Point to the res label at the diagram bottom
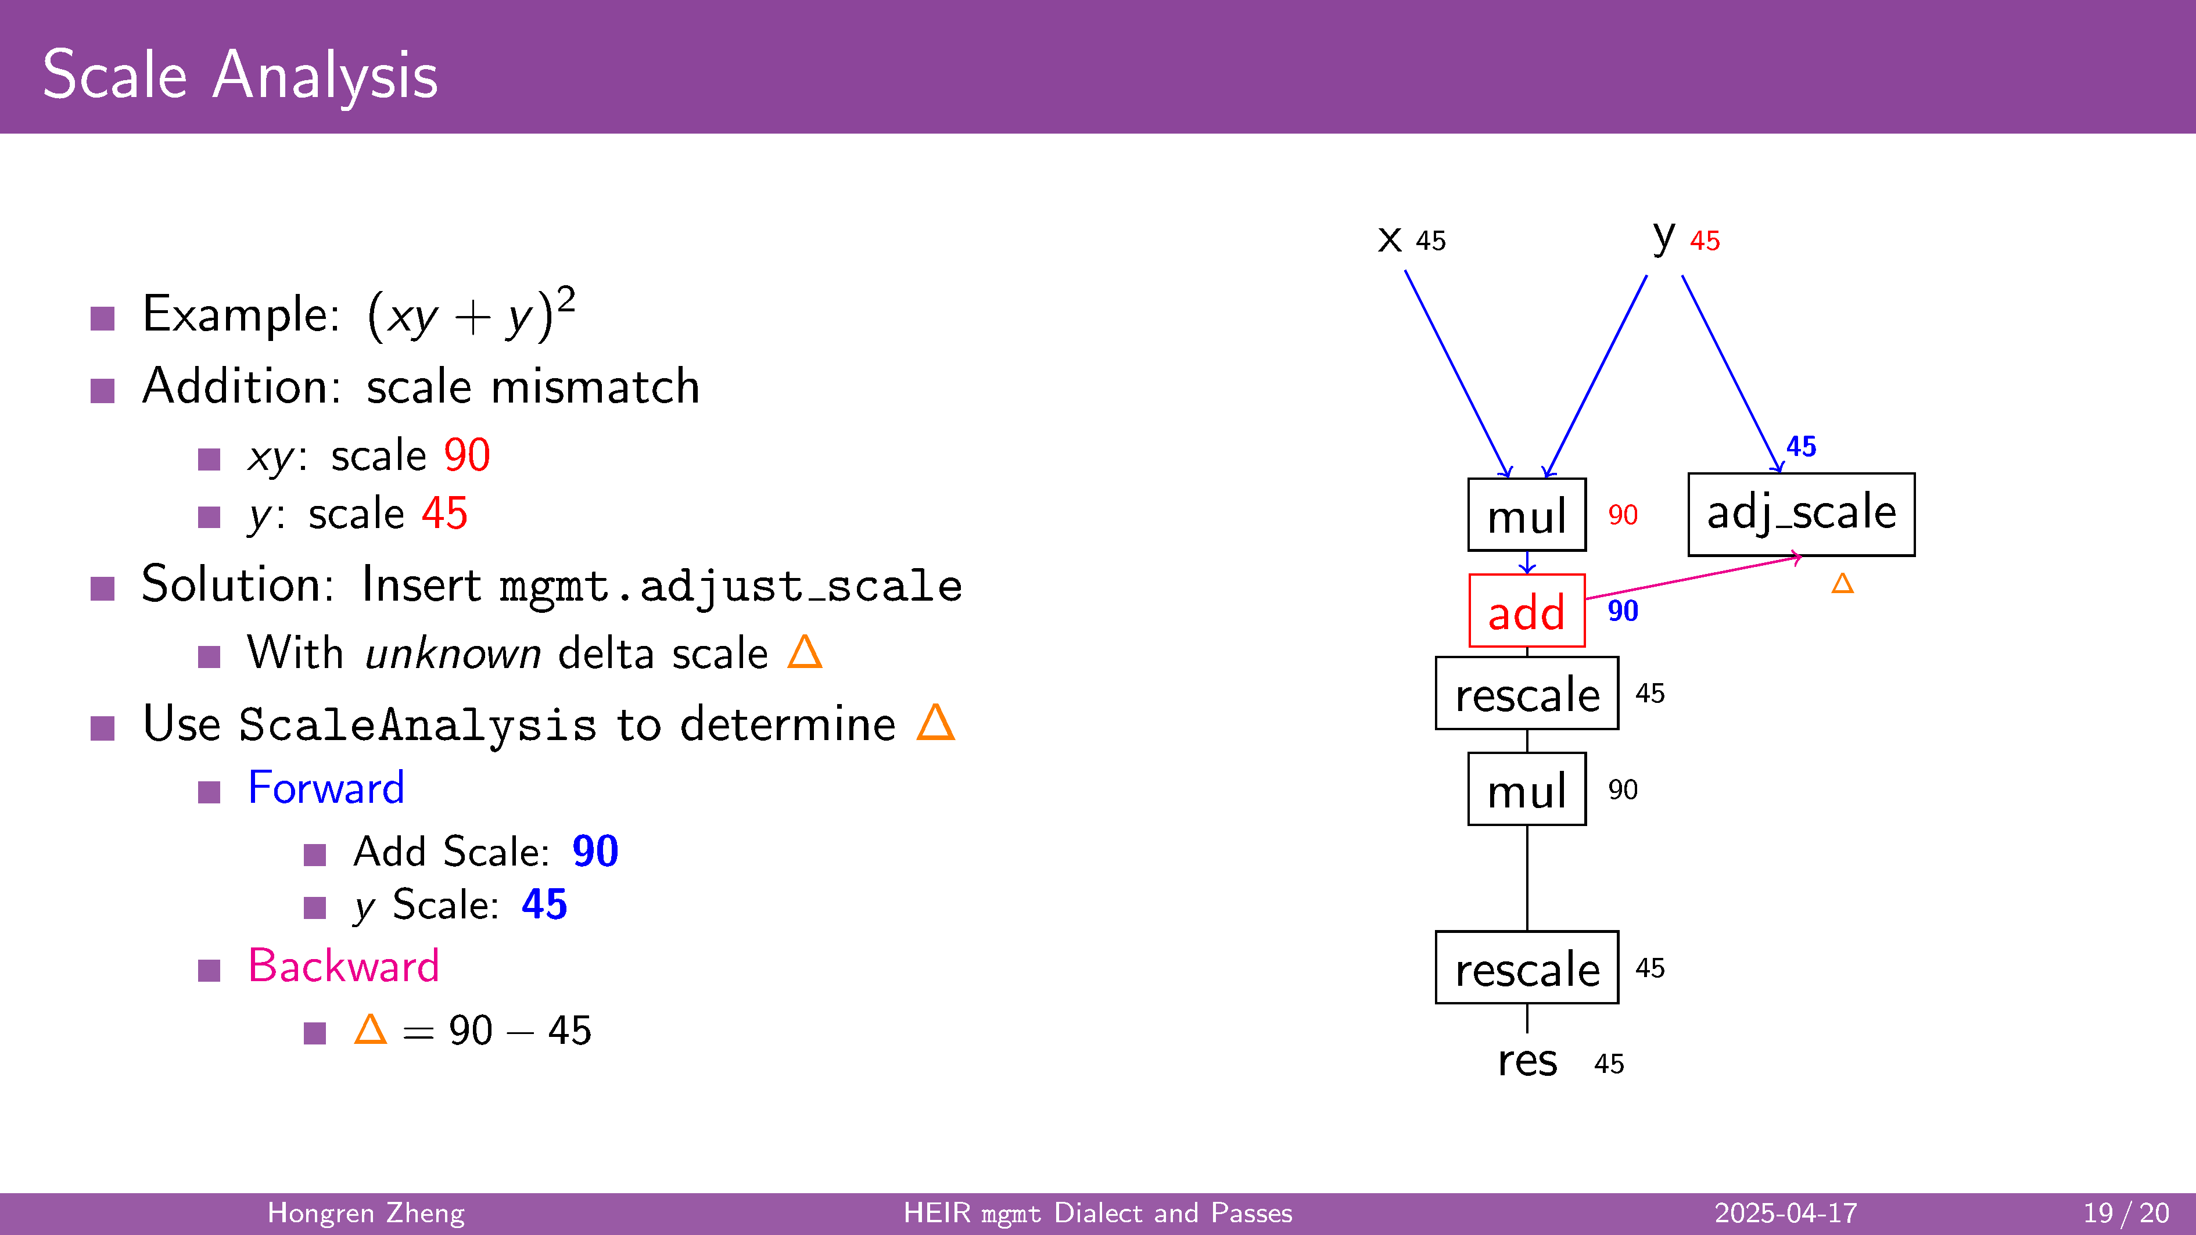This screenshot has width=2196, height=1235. coord(1528,1061)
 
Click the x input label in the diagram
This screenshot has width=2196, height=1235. coord(1390,239)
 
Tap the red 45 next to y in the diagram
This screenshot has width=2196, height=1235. coord(1705,241)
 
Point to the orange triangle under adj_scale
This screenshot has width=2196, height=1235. coord(1842,583)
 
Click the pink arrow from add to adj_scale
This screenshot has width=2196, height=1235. coord(1693,578)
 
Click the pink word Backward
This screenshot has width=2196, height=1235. coord(343,965)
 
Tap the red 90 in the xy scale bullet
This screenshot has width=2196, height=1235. coord(467,455)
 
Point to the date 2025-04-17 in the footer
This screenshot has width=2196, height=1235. coord(1786,1213)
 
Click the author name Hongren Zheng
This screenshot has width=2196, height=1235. coord(366,1213)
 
